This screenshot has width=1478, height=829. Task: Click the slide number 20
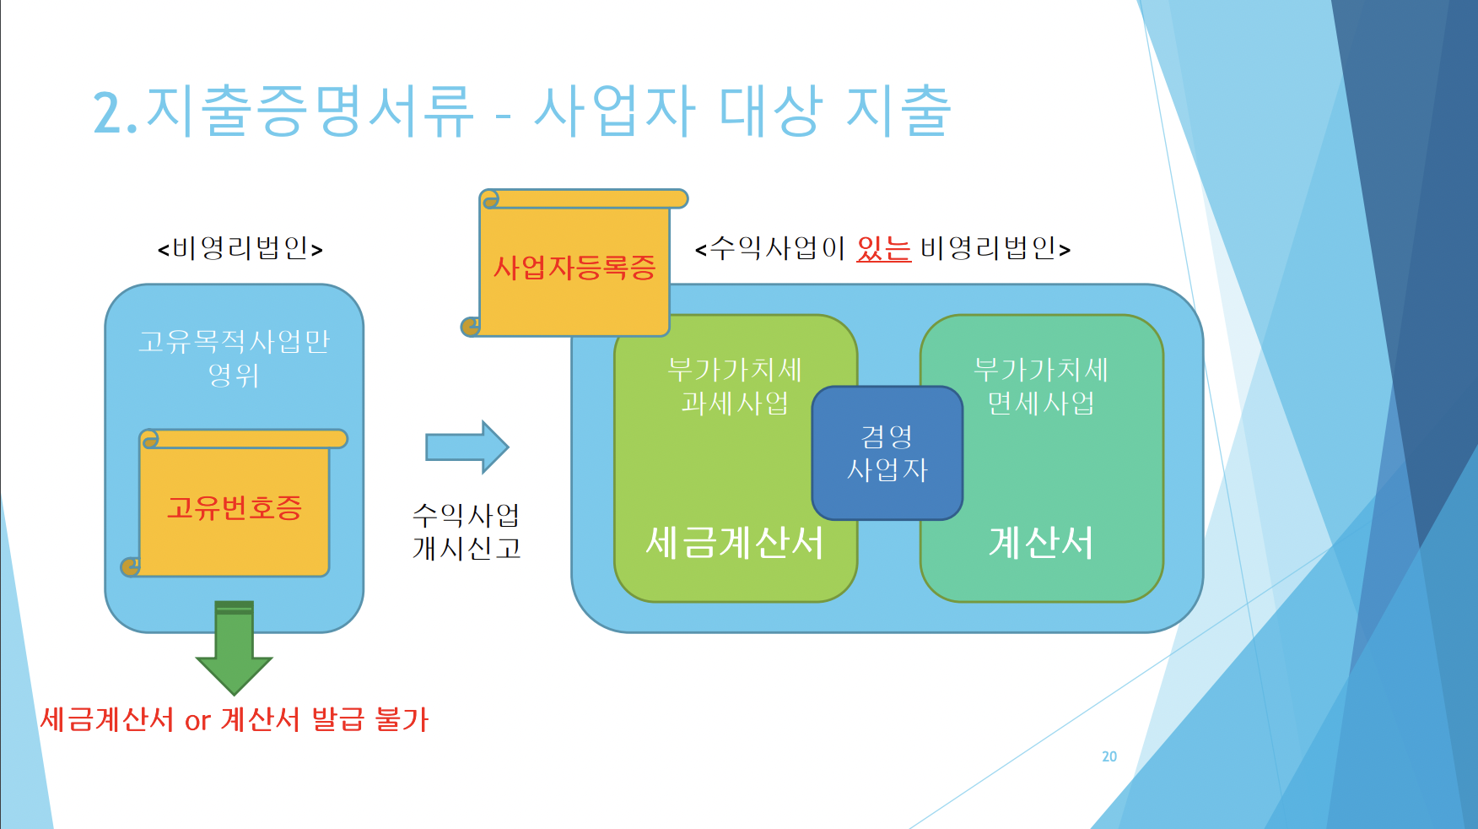[1109, 756]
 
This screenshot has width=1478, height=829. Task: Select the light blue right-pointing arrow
[467, 447]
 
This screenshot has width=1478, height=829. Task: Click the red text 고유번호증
[235, 507]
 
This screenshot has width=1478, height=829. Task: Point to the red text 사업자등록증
[574, 268]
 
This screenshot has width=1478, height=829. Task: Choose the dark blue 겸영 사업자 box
[887, 453]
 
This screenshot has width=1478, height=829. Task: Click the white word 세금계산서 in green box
[735, 543]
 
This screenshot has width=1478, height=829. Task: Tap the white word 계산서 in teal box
[1041, 543]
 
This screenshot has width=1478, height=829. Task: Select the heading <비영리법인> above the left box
[240, 248]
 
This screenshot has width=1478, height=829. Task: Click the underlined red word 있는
[884, 248]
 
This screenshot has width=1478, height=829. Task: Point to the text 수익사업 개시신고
[467, 531]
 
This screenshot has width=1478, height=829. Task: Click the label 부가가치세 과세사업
[735, 386]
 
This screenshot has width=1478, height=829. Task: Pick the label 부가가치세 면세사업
[1041, 386]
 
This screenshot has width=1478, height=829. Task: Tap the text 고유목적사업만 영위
[235, 358]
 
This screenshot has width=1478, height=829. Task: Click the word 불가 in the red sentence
[402, 719]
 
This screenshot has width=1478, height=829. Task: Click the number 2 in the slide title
[109, 112]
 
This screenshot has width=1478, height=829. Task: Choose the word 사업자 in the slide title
[615, 111]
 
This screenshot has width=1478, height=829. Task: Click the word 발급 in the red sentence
[338, 719]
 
